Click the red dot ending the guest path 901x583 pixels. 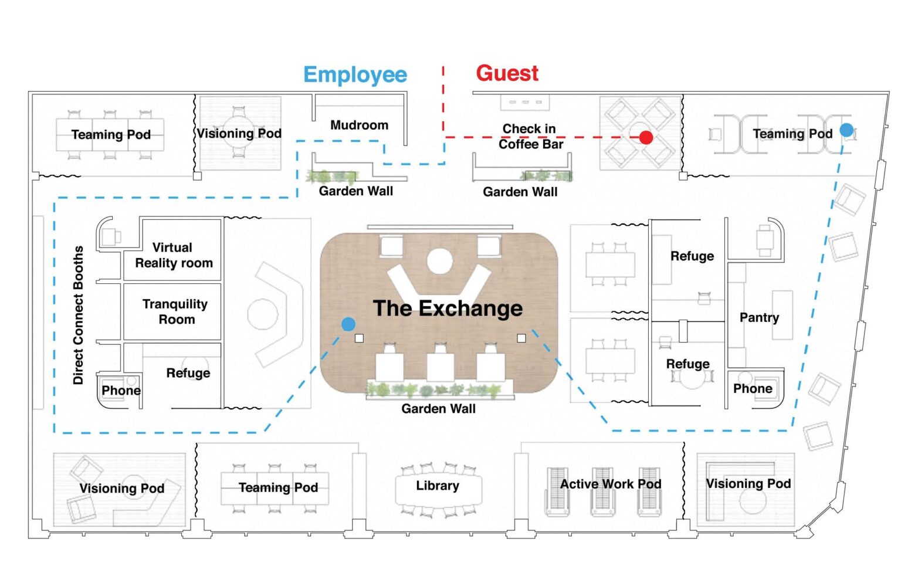coord(646,137)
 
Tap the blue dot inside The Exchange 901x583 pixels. coord(348,324)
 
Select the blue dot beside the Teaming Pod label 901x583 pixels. coord(846,130)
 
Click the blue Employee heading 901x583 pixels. coord(355,75)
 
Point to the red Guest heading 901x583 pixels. coord(507,73)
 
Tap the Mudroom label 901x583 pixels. coord(359,125)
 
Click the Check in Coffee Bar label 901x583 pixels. coord(530,136)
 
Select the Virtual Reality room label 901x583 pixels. coord(174,255)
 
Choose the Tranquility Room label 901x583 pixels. coord(175,311)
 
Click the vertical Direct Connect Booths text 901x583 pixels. coord(78,315)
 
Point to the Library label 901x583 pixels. coord(438,486)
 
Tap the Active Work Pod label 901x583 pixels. coord(611,484)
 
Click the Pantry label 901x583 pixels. coord(759,317)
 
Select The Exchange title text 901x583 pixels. coord(448,308)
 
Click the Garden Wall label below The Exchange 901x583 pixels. coord(438,409)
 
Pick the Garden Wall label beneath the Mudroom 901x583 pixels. coord(355,191)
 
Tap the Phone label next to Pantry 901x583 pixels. coord(753,389)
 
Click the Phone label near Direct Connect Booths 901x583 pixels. coord(121,391)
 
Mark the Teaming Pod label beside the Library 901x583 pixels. coord(278,487)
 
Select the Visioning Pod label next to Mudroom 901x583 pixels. coord(239,133)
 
